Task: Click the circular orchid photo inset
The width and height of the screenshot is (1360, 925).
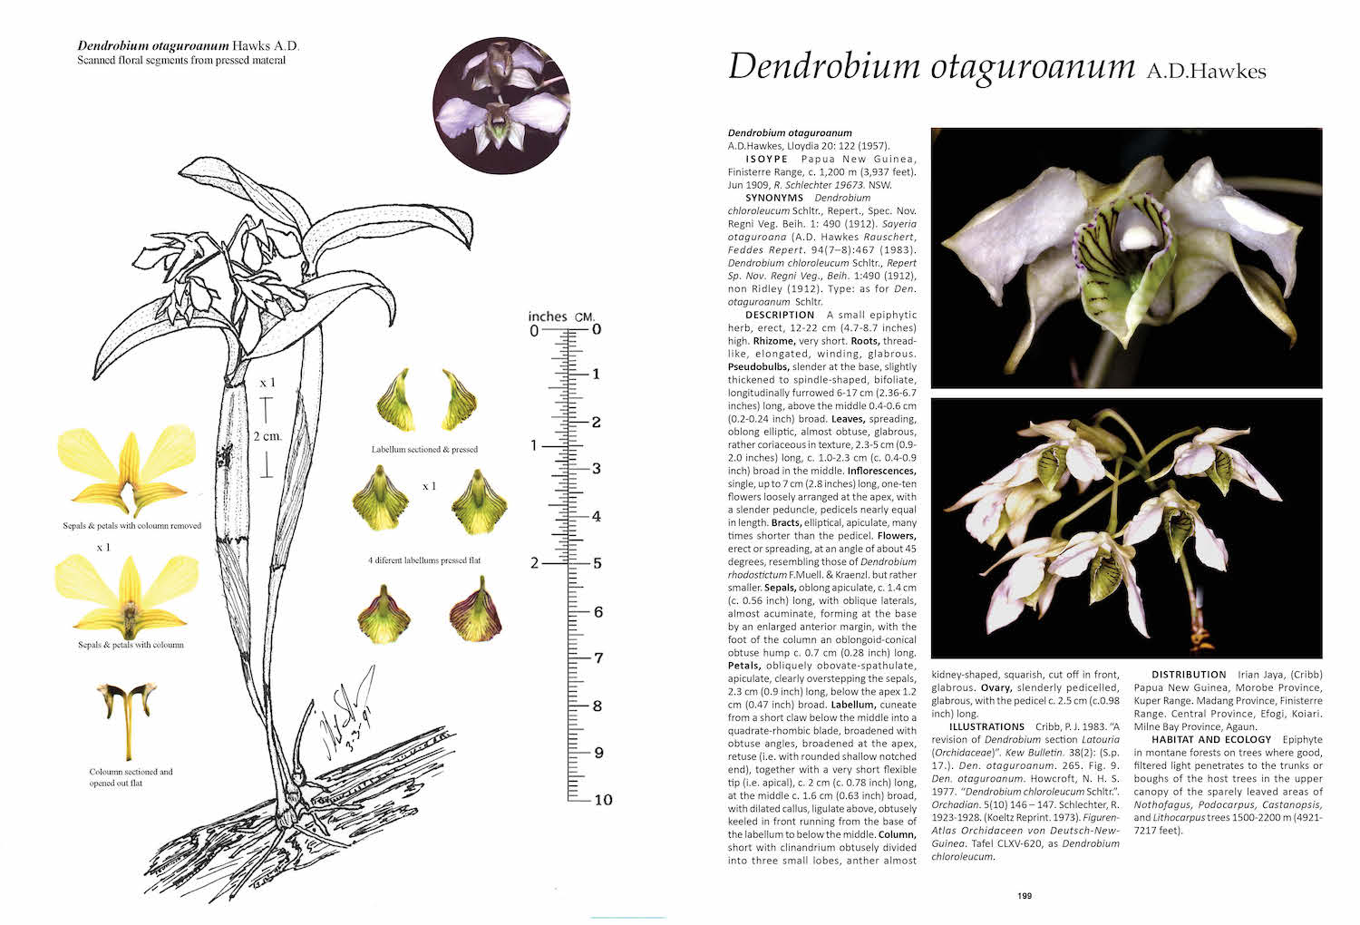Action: (501, 104)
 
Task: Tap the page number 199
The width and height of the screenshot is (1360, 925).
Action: (1024, 896)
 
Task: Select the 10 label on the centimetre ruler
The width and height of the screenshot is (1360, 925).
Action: (603, 799)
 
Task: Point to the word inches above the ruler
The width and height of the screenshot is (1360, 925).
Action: (548, 316)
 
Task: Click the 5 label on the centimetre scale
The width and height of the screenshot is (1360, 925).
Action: (597, 563)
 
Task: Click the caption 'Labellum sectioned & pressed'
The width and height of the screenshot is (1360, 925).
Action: (424, 449)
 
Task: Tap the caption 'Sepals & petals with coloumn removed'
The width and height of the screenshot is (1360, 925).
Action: (132, 526)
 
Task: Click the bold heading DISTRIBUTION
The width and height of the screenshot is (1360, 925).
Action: (1189, 675)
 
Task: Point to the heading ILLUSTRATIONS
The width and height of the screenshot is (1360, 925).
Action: (986, 726)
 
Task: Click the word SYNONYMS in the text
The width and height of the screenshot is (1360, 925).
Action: (774, 198)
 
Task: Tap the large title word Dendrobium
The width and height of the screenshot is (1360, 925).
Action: (822, 66)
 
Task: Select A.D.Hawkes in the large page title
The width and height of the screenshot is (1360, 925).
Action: (1206, 71)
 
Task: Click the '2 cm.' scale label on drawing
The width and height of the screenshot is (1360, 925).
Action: (267, 436)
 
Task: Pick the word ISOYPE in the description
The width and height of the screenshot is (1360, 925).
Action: (766, 159)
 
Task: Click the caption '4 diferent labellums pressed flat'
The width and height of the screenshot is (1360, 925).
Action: (424, 560)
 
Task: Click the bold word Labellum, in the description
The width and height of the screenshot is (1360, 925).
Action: (853, 704)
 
